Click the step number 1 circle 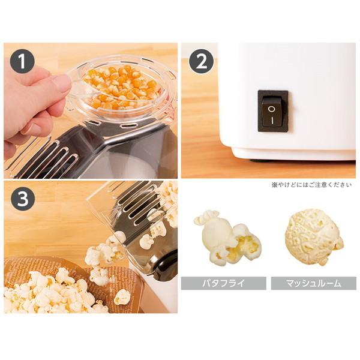pos(22,61)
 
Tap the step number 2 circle pos(201,61)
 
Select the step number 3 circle pos(22,199)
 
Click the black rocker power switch pos(273,112)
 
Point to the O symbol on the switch pos(272,109)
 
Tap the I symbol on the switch pos(272,121)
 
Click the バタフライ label pos(223,283)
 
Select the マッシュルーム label pos(313,283)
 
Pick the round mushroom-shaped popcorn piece pos(314,238)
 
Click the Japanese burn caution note pos(311,185)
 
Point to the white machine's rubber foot pos(257,161)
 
